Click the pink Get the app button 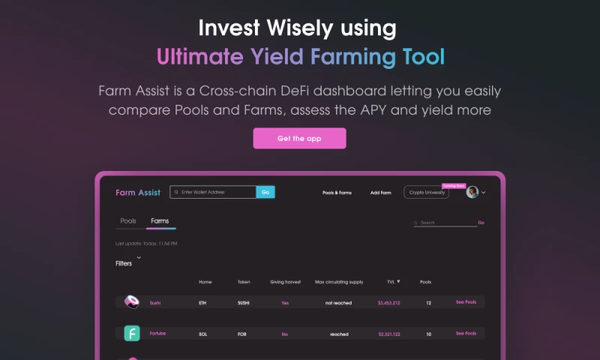click(x=299, y=138)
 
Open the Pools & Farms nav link click(x=337, y=193)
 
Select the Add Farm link click(x=380, y=193)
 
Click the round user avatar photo click(x=472, y=192)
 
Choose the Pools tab click(x=128, y=221)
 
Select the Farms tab click(x=160, y=221)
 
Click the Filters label click(x=124, y=264)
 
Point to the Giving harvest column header click(x=285, y=282)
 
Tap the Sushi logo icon click(x=132, y=302)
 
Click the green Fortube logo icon click(x=132, y=333)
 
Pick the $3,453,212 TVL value click(x=388, y=303)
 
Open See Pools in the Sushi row click(x=466, y=302)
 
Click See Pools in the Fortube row click(x=466, y=333)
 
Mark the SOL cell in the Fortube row click(x=202, y=334)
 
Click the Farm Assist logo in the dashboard click(x=138, y=193)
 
